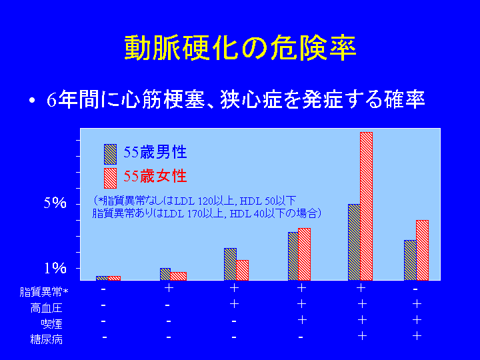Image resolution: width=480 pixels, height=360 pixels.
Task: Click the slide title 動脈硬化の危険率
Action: pyautogui.click(x=240, y=48)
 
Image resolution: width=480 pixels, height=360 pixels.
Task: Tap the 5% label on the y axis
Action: pyautogui.click(x=55, y=203)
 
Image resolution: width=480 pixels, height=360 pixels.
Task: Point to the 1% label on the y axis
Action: pyautogui.click(x=55, y=268)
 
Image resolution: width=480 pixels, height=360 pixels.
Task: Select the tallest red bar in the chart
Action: pyautogui.click(x=366, y=206)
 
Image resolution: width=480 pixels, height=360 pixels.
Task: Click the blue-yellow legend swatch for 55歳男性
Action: pyautogui.click(x=110, y=154)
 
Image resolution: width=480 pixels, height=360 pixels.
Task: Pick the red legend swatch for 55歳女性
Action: pyautogui.click(x=110, y=178)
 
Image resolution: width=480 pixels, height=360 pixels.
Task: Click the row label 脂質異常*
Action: pyautogui.click(x=44, y=292)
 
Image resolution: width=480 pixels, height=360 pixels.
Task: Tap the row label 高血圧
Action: pyautogui.click(x=46, y=308)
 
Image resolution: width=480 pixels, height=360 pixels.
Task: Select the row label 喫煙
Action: pyautogui.click(x=51, y=324)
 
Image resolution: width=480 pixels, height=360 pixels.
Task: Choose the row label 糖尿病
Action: pyautogui.click(x=46, y=339)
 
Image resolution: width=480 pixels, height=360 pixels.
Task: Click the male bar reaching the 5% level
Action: pyautogui.click(x=354, y=242)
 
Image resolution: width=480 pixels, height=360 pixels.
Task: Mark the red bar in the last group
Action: pyautogui.click(x=422, y=250)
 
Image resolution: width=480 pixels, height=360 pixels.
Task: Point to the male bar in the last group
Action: pyautogui.click(x=410, y=260)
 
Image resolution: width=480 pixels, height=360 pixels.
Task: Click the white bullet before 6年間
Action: pyautogui.click(x=32, y=101)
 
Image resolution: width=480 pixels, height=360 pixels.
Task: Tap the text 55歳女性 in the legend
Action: pyautogui.click(x=155, y=176)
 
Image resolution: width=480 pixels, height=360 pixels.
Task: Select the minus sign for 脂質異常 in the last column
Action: pyautogui.click(x=415, y=289)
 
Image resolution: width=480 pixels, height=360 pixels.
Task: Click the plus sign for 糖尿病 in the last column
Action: pyautogui.click(x=417, y=336)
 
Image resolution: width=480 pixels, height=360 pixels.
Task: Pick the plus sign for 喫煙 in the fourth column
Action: pyautogui.click(x=302, y=320)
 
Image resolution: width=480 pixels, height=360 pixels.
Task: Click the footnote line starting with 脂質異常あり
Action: pyautogui.click(x=207, y=213)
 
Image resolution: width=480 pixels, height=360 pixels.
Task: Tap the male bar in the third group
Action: pyautogui.click(x=230, y=264)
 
